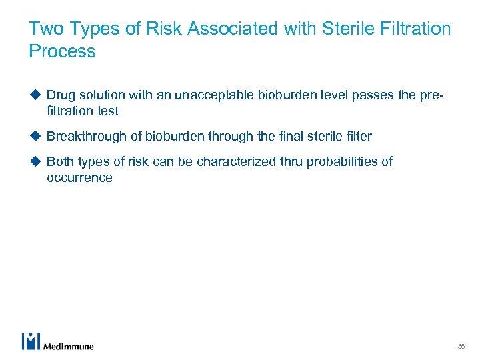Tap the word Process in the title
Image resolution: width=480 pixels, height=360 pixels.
(63, 51)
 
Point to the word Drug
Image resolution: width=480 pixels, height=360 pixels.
(61, 95)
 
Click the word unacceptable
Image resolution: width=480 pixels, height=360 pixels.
(215, 95)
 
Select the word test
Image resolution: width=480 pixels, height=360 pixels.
(108, 111)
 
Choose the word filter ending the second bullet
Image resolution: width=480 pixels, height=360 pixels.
(359, 137)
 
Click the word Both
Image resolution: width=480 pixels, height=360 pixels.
(60, 162)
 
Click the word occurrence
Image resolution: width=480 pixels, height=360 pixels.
(79, 178)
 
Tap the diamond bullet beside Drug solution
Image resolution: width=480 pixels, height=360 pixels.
(35, 95)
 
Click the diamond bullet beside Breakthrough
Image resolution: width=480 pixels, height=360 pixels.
(35, 137)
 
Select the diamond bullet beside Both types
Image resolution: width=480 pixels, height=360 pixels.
(35, 162)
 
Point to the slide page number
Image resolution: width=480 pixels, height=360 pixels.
(461, 346)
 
